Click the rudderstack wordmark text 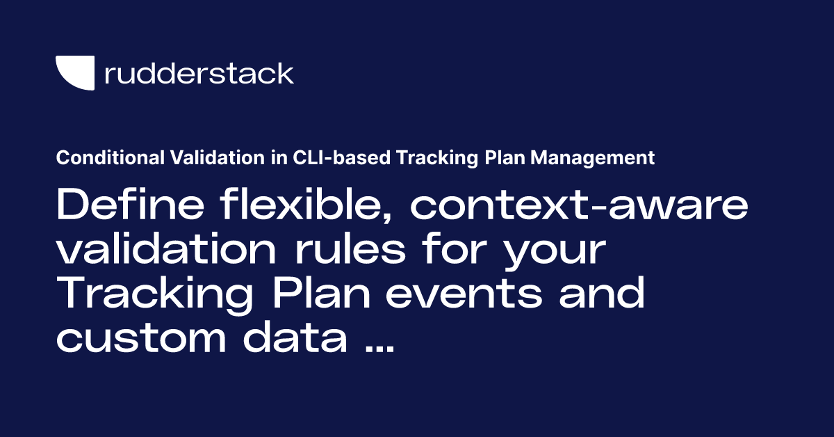(199, 74)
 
